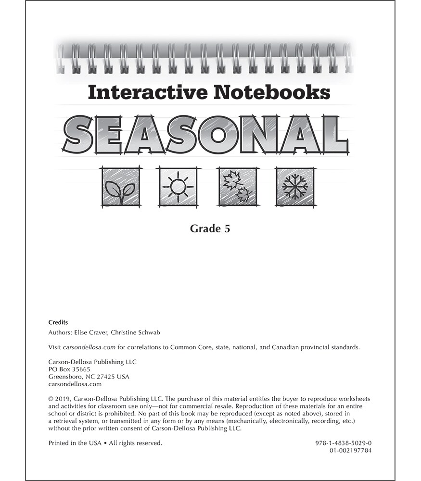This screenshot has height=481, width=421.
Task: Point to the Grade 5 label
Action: [210, 228]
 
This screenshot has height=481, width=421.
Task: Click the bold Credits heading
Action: [58, 322]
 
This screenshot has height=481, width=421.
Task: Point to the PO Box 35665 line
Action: [69, 369]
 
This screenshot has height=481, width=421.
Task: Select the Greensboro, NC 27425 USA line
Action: [89, 377]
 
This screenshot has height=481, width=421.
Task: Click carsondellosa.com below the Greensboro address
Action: [75, 384]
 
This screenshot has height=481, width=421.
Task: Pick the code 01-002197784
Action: [351, 450]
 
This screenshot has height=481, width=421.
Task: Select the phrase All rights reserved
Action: [133, 443]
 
